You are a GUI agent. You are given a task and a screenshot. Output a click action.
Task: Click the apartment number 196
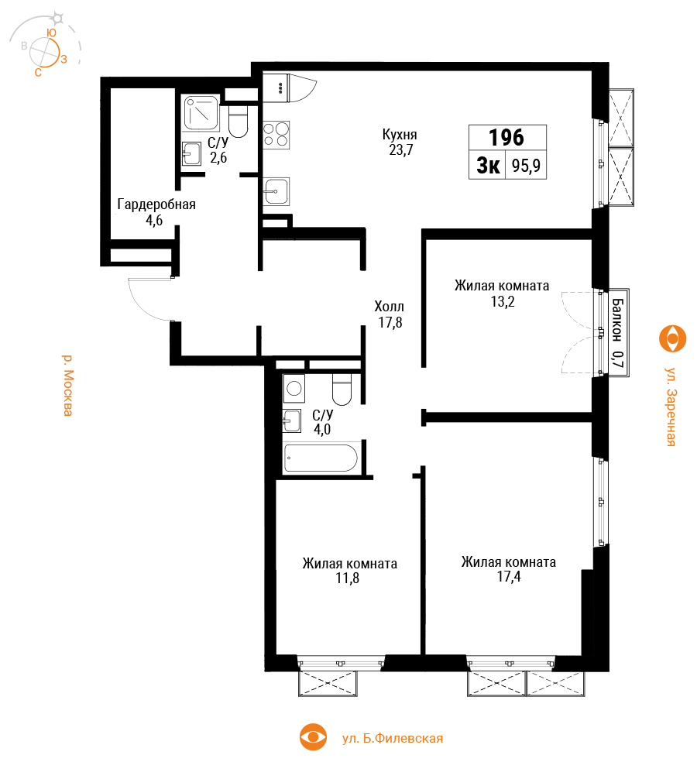coord(506,138)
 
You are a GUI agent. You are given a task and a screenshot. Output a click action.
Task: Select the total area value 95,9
coord(526,166)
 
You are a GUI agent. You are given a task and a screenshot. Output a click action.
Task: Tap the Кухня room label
coord(400,134)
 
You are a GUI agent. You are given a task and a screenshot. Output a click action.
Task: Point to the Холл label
coord(389,307)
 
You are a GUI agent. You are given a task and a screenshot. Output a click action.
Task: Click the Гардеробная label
coord(156,204)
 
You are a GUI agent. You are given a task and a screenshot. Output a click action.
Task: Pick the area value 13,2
coord(503,302)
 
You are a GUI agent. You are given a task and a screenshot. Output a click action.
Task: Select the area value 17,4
coord(509,577)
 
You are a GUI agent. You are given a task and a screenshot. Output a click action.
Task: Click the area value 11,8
coord(348,578)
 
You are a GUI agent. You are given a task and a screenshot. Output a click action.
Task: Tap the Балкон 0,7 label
coord(617,333)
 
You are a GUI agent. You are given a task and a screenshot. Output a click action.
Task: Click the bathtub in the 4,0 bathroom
coord(321,458)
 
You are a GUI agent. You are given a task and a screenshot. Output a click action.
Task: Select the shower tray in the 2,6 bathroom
coord(201,113)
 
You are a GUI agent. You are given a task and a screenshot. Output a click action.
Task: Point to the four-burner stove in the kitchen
coord(276,135)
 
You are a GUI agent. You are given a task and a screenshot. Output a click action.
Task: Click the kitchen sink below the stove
coord(276,191)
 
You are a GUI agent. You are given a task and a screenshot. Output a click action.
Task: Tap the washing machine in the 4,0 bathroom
coord(294,388)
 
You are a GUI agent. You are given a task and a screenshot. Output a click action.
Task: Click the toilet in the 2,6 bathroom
coord(239,122)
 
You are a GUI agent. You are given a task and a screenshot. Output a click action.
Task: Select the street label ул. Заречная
coord(671,407)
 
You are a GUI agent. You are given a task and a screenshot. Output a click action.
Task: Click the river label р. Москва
coord(68,386)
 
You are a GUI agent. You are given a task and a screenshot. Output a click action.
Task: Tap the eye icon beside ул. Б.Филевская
coord(313,737)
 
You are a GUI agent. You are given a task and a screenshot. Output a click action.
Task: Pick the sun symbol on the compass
coord(58,19)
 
